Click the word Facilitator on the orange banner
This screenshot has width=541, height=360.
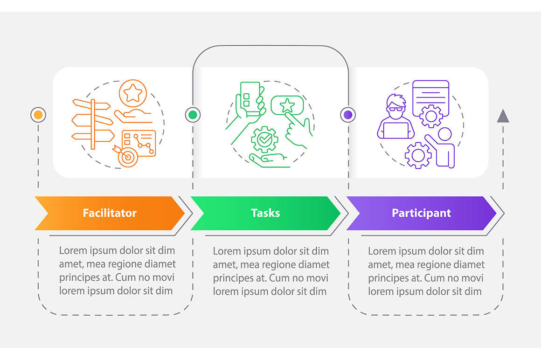point(110,213)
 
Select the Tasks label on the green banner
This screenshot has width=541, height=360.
point(265,213)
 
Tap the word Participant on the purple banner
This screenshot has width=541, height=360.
point(421,213)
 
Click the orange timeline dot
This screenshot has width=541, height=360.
point(38,115)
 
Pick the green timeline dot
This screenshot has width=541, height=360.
point(193,115)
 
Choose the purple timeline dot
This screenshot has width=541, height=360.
point(348,115)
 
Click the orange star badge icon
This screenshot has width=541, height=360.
point(133,93)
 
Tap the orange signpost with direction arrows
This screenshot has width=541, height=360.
point(93,124)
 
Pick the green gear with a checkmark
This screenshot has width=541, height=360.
point(264,139)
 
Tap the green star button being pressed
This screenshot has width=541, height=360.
point(287,105)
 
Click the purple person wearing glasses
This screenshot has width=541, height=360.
point(396,117)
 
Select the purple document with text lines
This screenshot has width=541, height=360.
point(431,98)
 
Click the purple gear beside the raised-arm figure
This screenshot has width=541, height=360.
point(418,155)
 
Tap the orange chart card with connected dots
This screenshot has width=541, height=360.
point(139,143)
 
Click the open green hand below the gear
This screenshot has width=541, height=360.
point(270,161)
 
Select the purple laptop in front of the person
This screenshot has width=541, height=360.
point(396,131)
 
